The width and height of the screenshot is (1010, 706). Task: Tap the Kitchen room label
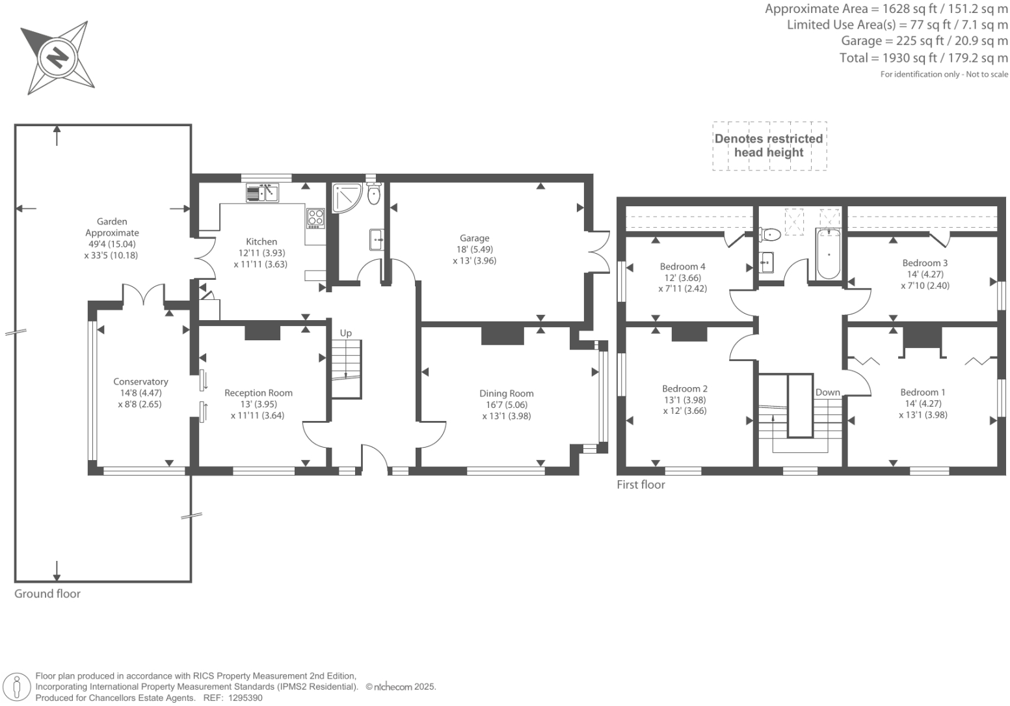coord(261,241)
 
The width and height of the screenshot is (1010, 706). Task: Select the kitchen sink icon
coord(262,193)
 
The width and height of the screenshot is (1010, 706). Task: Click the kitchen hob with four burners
coord(315,217)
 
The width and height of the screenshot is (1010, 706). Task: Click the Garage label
coord(474,238)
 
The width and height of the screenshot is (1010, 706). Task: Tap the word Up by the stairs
coord(346,333)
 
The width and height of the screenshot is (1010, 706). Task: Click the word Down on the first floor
coord(827,392)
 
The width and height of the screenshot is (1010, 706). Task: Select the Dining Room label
coord(506,393)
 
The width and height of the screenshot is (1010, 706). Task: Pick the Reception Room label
coord(258,392)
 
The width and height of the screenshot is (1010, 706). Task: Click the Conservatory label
coord(140,382)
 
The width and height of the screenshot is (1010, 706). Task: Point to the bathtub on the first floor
coord(829,254)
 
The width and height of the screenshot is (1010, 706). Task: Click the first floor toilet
coord(770,234)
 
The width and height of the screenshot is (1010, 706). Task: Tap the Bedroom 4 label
coord(682,266)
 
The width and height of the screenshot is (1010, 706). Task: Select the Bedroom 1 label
coord(922,392)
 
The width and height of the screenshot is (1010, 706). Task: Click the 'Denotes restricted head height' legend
coord(769,146)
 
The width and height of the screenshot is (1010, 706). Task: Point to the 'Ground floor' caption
coord(47,593)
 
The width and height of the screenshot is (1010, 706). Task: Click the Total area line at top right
coord(924,58)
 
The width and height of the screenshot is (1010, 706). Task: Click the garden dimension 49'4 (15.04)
coord(111,244)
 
